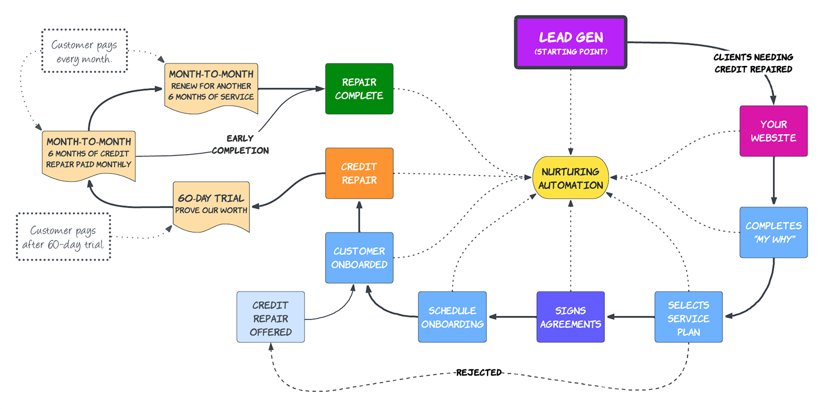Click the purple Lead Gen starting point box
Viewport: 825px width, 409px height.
tap(570, 43)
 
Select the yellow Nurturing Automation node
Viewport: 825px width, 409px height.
tap(570, 178)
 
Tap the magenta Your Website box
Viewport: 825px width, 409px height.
tap(773, 131)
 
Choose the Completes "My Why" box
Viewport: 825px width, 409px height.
tap(773, 232)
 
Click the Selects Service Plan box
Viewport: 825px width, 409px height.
tap(688, 317)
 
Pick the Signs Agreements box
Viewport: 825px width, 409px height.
tap(570, 317)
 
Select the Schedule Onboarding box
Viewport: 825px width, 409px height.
tap(452, 317)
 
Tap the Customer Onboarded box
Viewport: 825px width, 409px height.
tap(359, 258)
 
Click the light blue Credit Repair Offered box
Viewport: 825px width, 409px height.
tap(270, 317)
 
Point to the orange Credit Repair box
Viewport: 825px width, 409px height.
tap(359, 173)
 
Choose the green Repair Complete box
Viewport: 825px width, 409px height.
tap(359, 89)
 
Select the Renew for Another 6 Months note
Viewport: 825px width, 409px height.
tap(211, 86)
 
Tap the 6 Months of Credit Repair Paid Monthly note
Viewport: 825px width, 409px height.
tap(89, 154)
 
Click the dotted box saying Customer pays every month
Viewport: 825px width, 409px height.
tap(84, 51)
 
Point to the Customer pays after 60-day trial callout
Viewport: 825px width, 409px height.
tap(63, 237)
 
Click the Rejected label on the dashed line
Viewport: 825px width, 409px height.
tap(478, 372)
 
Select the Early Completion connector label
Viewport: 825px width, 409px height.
tap(240, 145)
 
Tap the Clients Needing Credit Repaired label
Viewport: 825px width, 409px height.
tap(753, 63)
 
